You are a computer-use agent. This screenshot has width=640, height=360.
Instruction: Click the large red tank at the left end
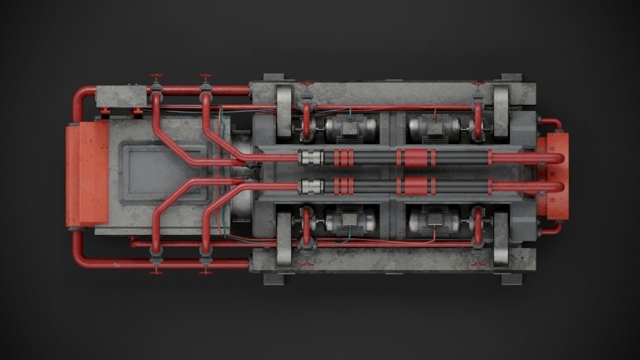[x=86, y=174]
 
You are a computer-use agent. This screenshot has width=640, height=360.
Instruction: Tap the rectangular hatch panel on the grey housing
[x=163, y=173]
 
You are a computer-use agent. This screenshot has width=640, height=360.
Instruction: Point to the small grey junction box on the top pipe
[x=121, y=95]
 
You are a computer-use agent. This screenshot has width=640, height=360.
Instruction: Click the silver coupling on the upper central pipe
[x=310, y=158]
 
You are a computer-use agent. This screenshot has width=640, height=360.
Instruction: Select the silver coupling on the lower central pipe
[x=310, y=187]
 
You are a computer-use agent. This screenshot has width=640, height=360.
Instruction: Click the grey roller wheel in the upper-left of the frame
[x=284, y=111]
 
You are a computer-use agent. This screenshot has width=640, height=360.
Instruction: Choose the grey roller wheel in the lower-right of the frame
[x=500, y=238]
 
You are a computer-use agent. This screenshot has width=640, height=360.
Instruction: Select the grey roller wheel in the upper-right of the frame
[x=500, y=110]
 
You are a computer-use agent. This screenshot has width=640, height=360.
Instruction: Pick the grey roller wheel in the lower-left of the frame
[x=284, y=238]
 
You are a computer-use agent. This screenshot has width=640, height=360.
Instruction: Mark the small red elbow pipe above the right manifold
[x=553, y=123]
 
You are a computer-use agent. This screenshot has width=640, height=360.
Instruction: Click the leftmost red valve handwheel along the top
[x=156, y=77]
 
